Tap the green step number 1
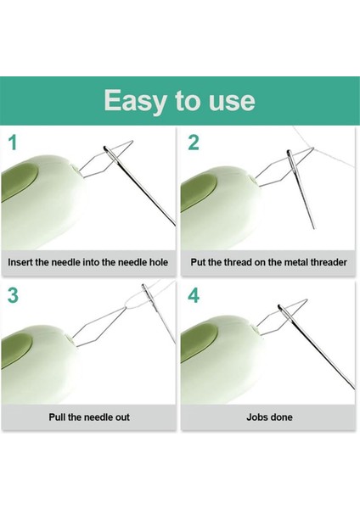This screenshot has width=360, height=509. [x=14, y=143]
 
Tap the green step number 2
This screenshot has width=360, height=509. [x=194, y=143]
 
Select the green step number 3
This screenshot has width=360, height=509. [x=14, y=298]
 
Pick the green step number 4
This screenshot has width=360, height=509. [x=194, y=298]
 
